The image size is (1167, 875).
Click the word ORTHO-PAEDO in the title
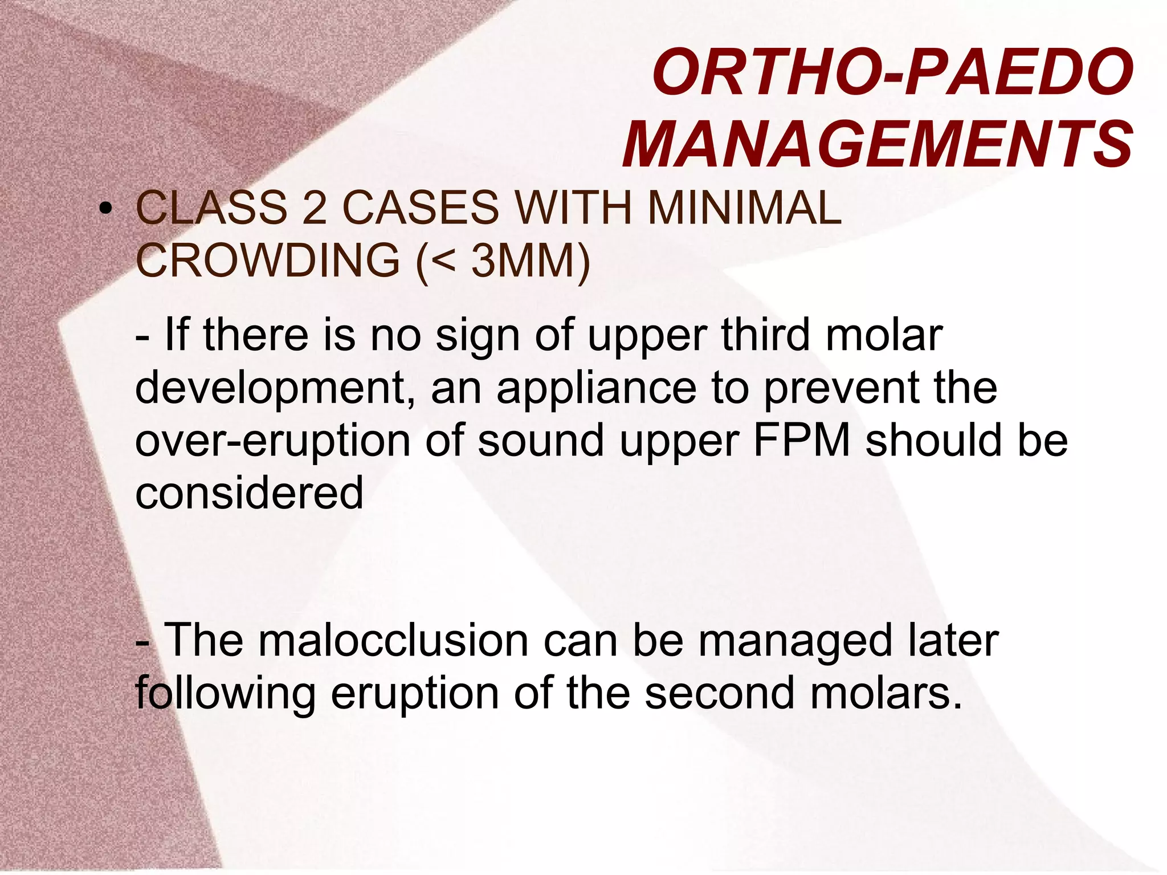pos(892,73)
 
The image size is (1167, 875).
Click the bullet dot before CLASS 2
pos(104,210)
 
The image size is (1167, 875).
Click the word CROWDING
pos(268,261)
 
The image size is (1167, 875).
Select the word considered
pos(249,493)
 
